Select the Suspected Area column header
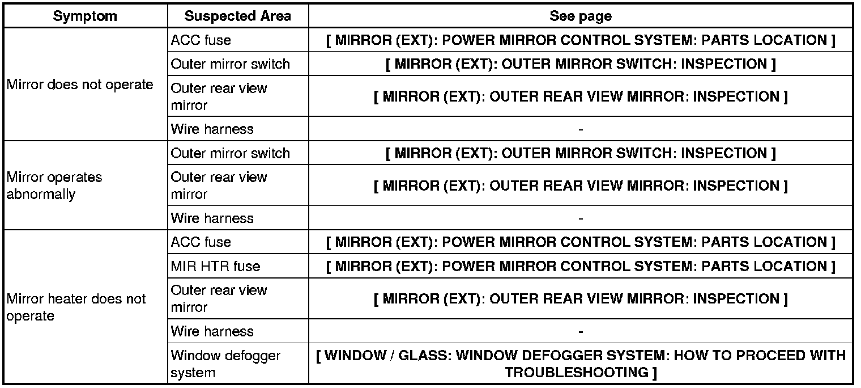coord(238,16)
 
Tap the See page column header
coord(581,16)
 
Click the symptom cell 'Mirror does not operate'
coord(80,85)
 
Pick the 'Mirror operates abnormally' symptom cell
coord(54,185)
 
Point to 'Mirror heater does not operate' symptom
coord(76,307)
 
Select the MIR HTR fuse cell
coord(216,266)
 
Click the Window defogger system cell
coord(225,364)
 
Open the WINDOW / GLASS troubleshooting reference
coord(581,364)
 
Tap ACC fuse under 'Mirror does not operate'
coord(201,40)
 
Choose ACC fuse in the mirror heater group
coord(201,242)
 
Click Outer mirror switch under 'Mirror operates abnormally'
coord(230,153)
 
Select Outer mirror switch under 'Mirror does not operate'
coord(230,64)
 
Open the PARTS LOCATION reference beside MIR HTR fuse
coord(581,266)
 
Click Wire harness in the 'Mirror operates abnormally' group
coord(212,218)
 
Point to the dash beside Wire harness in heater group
coord(581,331)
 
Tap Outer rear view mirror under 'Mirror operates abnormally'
coord(219,185)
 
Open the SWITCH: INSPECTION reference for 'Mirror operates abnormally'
coord(581,153)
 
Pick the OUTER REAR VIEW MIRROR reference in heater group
coord(581,299)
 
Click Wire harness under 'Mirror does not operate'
coord(212,129)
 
